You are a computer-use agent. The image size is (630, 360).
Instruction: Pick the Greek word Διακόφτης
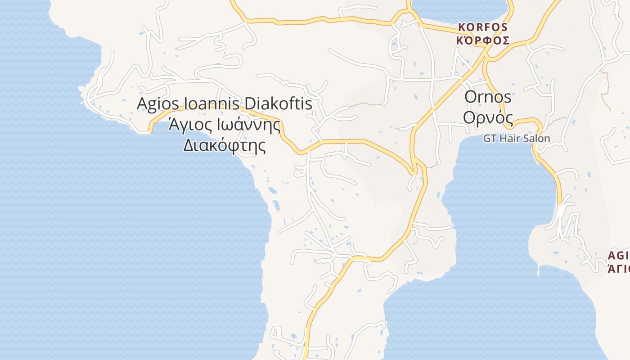[224, 145]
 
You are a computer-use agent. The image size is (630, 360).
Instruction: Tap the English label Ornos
[488, 97]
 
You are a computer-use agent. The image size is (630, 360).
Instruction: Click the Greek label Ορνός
[488, 117]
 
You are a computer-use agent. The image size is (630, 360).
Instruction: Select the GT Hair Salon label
[517, 138]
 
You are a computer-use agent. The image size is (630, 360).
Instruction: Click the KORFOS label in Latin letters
[483, 27]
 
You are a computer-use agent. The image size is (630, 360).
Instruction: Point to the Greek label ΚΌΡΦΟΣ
[483, 40]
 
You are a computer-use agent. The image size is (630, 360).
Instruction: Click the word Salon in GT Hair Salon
[538, 138]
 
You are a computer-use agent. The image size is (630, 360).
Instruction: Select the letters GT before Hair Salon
[490, 138]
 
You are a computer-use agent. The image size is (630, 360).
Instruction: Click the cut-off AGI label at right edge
[619, 256]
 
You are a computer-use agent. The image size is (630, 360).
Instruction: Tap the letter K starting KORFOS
[461, 27]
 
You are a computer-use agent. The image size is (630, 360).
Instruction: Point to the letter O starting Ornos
[471, 97]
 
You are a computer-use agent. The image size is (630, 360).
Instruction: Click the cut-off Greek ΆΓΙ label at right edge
[619, 269]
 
